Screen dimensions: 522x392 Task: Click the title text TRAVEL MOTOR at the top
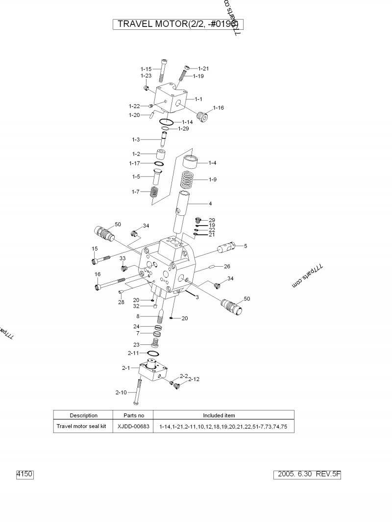[x=149, y=24]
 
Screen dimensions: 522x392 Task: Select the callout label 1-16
[x=218, y=108]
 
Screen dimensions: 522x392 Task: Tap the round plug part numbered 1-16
[x=202, y=117]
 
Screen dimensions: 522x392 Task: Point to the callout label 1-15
[x=146, y=69]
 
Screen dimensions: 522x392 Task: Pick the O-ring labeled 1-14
[x=166, y=122]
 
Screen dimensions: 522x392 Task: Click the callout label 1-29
[x=183, y=129]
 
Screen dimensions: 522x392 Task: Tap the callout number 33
[x=122, y=258]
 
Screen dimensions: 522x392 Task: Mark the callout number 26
[x=227, y=266]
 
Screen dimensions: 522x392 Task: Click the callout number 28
[x=121, y=302]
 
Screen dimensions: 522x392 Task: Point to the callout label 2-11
[x=134, y=352]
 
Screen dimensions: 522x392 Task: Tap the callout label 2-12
[x=194, y=379]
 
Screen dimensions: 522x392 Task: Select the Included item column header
[x=219, y=415]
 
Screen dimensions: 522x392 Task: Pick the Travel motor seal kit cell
[x=81, y=427]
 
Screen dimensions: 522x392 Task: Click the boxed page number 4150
[x=25, y=474]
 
